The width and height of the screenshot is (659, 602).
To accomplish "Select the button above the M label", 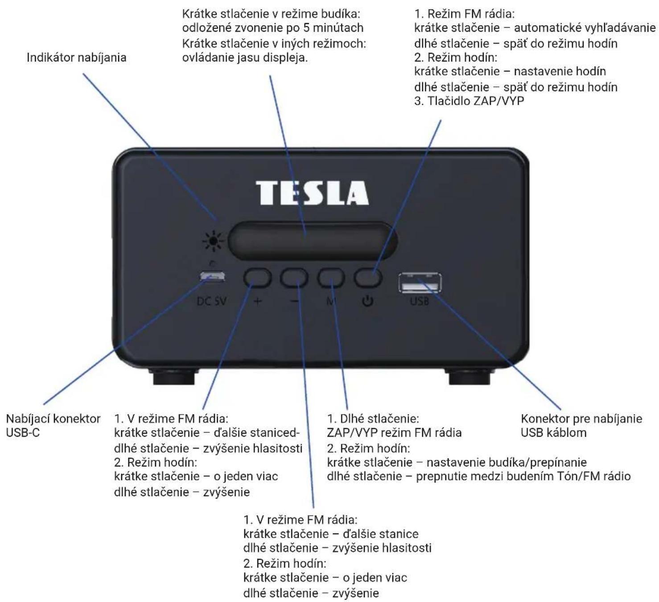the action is point(331,278).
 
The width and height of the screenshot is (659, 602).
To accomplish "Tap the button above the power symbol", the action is point(368,278).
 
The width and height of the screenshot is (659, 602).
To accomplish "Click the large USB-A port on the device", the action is point(420,283).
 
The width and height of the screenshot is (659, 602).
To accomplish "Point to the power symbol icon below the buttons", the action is point(367,301).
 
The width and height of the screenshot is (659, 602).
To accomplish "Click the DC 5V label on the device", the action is point(211,301).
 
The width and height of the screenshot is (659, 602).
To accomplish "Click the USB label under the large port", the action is point(420,301).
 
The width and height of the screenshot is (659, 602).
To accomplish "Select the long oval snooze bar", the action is point(313,241).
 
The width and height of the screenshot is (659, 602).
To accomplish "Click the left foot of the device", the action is point(173,376).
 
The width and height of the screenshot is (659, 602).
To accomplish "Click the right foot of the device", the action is point(470,376).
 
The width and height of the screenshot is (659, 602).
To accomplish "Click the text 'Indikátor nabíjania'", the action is point(77,57).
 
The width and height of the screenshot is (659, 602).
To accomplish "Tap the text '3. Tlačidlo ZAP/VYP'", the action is point(469,101).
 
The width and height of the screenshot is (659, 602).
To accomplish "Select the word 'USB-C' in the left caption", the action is point(23,433).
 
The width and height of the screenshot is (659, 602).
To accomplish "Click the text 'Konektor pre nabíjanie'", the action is point(581,419).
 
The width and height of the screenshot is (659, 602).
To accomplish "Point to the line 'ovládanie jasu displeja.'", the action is point(245,57).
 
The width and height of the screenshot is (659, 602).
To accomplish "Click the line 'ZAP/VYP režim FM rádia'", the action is point(394,433).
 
